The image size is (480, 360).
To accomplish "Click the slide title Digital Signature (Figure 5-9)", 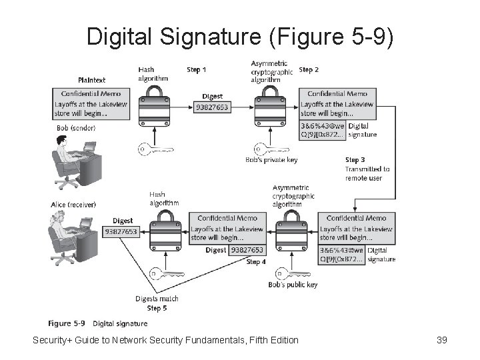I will point(241,36).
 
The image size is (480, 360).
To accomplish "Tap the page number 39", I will point(441,341).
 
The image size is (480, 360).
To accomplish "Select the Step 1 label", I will point(197,69).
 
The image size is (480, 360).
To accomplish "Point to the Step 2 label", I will point(309,69).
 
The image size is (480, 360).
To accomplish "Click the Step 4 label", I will point(255,262).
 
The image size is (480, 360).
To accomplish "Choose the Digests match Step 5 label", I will point(157,303).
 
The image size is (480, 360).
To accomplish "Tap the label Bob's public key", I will point(294,285).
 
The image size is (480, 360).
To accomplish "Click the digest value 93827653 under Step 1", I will point(212,107).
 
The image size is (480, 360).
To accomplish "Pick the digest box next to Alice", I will point(121,231).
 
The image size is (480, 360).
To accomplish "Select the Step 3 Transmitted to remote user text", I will point(367,169).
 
